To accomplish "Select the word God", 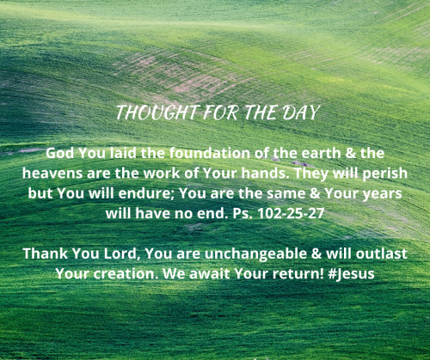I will (x=60, y=153).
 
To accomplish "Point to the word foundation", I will (x=193, y=153).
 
